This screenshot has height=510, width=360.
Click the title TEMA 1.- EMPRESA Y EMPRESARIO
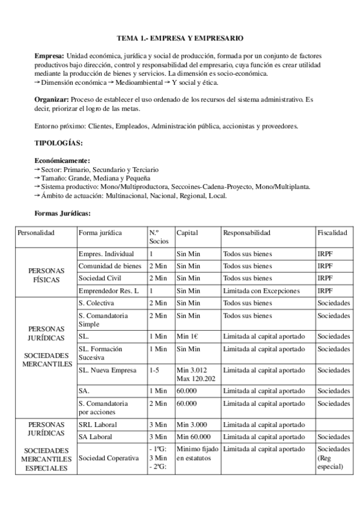point(180,38)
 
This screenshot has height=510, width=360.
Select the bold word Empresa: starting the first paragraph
point(50,55)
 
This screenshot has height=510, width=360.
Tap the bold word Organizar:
point(52,99)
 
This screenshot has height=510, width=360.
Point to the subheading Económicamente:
point(63,161)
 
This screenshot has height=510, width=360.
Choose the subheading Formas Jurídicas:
point(63,213)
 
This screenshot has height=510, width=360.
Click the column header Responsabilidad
point(246,233)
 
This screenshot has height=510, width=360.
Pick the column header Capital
point(187,233)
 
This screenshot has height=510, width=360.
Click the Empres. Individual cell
point(106,254)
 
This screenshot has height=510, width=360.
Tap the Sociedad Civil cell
point(100,278)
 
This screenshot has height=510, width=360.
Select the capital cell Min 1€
point(189,336)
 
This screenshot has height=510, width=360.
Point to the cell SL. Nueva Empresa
point(108,370)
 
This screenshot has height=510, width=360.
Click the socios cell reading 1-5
point(154,370)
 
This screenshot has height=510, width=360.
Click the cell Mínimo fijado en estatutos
point(197,453)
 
